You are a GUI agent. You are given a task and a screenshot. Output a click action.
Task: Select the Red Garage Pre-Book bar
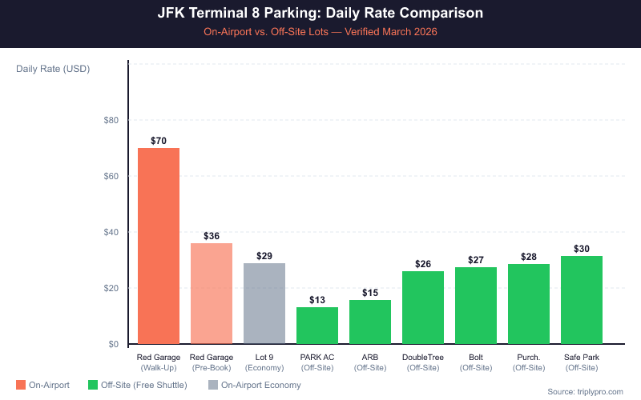(212, 294)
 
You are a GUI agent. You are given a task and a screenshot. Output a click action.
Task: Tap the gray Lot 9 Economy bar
(264, 303)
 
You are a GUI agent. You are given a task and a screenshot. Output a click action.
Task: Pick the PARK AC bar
(317, 326)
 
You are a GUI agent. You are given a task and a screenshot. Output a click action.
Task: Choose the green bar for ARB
(370, 322)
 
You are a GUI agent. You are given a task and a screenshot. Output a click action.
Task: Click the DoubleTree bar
(423, 307)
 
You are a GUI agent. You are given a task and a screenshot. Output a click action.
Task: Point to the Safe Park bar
(582, 300)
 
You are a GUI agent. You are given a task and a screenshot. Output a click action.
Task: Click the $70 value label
(159, 141)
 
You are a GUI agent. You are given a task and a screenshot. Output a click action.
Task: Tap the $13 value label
(317, 300)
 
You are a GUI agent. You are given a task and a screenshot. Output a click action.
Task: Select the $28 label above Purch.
(529, 257)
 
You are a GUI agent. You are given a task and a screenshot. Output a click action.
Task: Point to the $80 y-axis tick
(111, 121)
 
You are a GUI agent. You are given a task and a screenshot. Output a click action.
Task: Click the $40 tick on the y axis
(111, 233)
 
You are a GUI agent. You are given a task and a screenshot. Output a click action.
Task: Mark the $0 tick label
(113, 345)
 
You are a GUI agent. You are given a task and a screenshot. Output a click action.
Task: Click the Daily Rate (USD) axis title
(53, 69)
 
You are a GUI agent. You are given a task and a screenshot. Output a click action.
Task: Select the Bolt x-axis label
(476, 357)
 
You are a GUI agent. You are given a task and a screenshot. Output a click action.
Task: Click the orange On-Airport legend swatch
(20, 386)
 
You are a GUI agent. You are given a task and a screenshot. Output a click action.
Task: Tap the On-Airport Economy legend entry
(254, 386)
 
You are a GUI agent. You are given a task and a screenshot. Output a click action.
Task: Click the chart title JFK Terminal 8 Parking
(320, 14)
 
